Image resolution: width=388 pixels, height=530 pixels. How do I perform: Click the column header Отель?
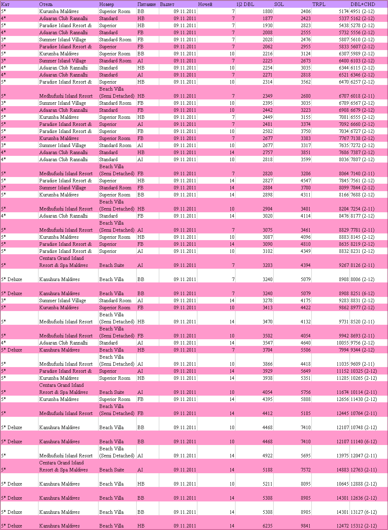[x=46, y=4]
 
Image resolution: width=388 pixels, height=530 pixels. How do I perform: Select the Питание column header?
[x=147, y=4]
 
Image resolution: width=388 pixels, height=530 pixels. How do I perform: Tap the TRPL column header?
[x=319, y=4]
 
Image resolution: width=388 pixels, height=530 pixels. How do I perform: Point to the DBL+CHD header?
[x=363, y=4]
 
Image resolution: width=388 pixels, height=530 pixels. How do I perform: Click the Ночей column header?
[x=205, y=4]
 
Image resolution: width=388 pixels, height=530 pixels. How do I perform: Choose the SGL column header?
[x=279, y=4]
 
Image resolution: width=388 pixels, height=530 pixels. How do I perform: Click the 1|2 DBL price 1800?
[x=267, y=11]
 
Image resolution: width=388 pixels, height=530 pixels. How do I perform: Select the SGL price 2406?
[x=305, y=11]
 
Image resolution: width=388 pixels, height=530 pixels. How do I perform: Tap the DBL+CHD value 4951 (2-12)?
[x=362, y=11]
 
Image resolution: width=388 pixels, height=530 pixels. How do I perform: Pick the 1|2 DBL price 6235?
[x=267, y=526]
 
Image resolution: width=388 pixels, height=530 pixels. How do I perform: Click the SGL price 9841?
[x=305, y=526]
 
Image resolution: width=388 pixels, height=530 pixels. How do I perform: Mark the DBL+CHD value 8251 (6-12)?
[x=362, y=293]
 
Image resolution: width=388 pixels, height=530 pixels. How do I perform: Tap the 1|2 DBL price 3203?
[x=267, y=265]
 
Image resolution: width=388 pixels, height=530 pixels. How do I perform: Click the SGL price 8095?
[x=305, y=484]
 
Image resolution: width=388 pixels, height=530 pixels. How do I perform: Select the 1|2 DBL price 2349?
[x=267, y=96]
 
